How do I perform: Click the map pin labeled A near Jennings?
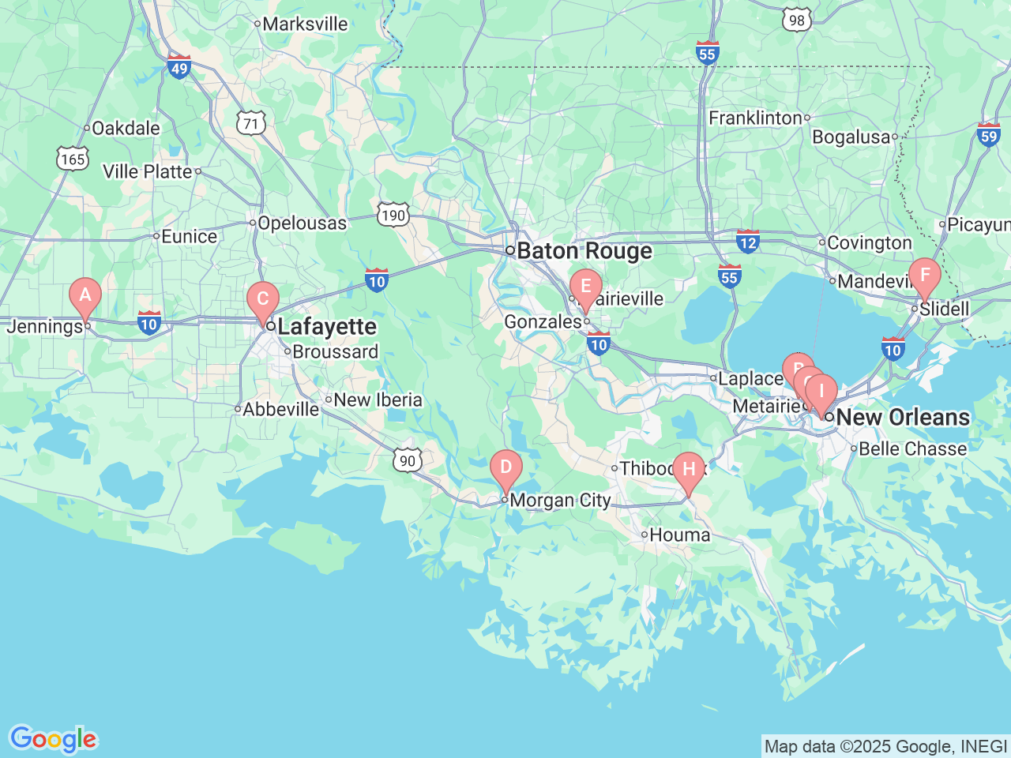85,297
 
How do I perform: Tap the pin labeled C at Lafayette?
263,300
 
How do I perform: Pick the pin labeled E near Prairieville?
586,287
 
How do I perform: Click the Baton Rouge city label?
584,251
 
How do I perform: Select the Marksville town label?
305,24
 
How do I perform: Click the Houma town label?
679,535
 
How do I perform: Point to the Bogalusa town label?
851,137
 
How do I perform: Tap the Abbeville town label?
280,409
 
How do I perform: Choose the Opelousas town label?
302,223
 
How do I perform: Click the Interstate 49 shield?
179,67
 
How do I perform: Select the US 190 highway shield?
393,215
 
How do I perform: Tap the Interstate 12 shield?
747,242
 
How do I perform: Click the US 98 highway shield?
797,21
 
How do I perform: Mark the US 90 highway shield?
407,461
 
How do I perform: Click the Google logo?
53,740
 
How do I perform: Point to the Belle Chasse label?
912,448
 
